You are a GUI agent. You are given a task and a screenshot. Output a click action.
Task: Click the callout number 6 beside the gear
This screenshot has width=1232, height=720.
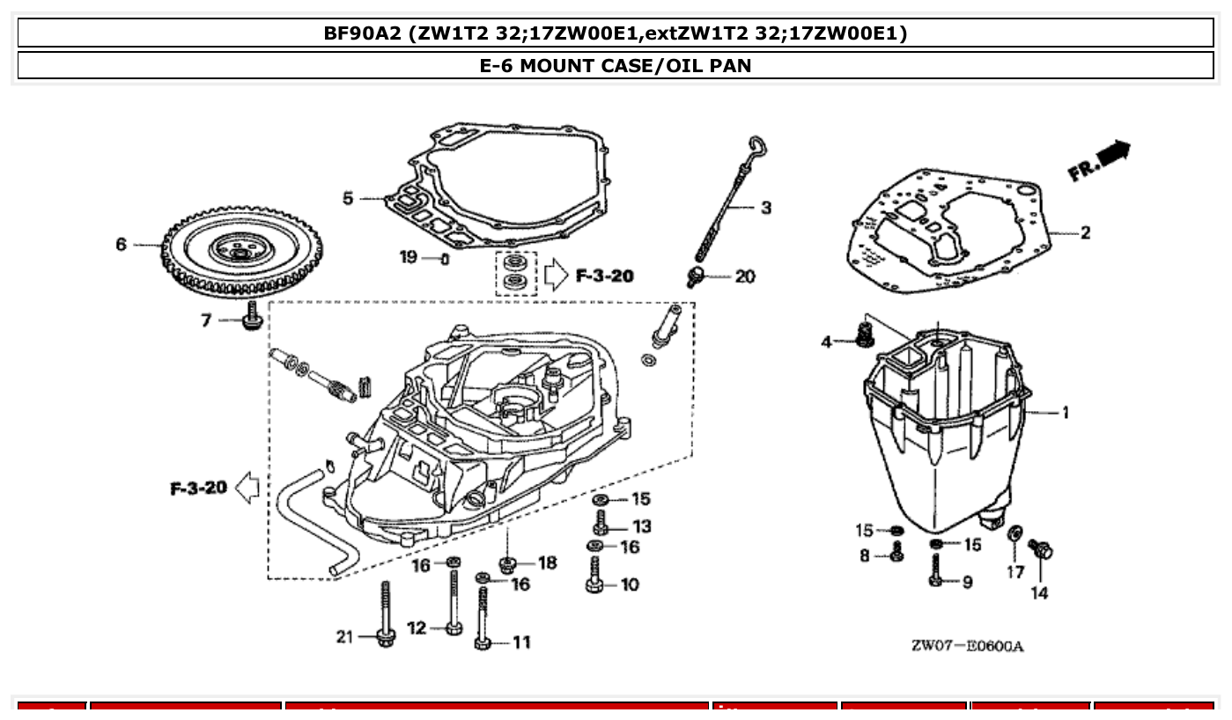(122, 244)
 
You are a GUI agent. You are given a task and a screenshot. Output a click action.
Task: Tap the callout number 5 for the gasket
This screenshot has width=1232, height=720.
(349, 199)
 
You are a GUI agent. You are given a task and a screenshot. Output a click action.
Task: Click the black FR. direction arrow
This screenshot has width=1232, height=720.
(1113, 152)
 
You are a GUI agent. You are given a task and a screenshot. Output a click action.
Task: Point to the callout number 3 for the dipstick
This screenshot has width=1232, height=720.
(765, 208)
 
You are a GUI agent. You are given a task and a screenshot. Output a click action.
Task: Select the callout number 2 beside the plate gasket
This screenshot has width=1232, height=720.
(1085, 232)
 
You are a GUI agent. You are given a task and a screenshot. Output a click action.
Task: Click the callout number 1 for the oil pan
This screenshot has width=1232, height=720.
(1065, 412)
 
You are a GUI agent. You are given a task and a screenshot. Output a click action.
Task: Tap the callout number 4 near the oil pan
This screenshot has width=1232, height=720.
(826, 342)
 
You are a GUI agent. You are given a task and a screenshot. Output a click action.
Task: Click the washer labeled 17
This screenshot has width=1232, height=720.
(1014, 533)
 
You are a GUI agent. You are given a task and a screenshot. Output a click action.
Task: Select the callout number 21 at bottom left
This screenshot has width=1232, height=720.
(344, 636)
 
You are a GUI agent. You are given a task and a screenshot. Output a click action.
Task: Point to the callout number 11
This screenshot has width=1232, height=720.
(521, 643)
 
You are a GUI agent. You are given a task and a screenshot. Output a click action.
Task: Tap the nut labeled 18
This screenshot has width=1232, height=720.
(508, 563)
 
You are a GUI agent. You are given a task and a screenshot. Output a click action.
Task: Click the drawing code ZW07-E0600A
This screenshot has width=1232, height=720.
(967, 647)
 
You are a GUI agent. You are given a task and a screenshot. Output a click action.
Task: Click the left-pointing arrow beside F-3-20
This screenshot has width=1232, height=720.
(247, 488)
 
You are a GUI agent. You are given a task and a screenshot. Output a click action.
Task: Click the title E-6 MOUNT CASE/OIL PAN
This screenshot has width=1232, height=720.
(616, 65)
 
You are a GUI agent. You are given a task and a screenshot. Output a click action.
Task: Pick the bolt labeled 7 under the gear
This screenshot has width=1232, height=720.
(252, 317)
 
